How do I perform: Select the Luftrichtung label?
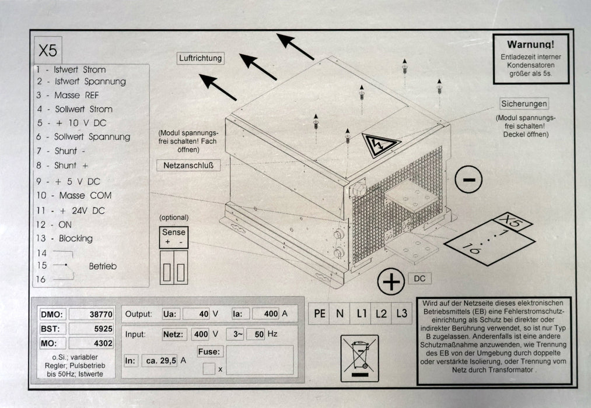tap(201, 58)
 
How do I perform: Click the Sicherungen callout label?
tap(524, 104)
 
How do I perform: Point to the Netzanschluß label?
tap(188, 165)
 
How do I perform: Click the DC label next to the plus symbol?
tap(419, 279)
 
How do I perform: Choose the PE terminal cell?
tap(320, 314)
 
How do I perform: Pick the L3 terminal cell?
tap(401, 314)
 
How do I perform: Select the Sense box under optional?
tap(173, 236)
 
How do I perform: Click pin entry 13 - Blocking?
tap(64, 238)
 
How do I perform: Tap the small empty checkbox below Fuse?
tap(209, 368)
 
